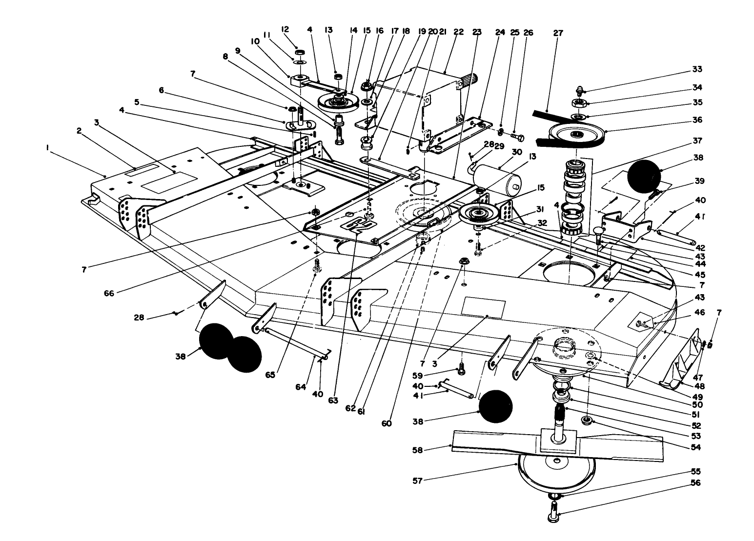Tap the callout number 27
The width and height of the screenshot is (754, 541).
(x=558, y=33)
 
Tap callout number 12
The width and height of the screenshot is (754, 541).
(x=286, y=29)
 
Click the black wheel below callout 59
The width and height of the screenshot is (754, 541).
(x=495, y=406)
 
